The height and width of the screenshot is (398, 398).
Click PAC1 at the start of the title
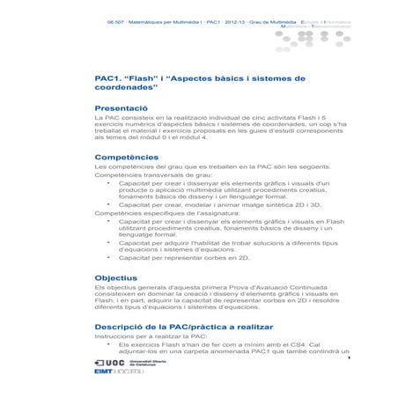(109, 78)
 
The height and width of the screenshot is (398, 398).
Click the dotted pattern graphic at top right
(326, 23)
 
